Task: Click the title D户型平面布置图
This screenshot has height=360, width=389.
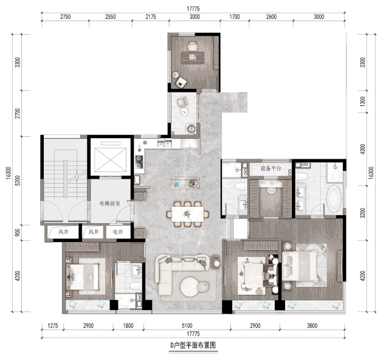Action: [193, 345]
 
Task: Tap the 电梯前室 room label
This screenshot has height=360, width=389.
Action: [109, 204]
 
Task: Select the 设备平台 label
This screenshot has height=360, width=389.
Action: [271, 168]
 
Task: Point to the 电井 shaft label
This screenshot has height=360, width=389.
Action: [118, 232]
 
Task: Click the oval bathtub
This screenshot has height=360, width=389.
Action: [333, 199]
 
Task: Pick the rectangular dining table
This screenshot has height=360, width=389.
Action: [188, 214]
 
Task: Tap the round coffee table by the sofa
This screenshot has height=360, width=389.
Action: [190, 287]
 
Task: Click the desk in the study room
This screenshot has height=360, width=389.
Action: [193, 58]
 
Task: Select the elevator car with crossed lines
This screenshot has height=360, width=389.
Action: [111, 160]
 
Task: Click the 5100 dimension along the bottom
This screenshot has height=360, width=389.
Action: [187, 325]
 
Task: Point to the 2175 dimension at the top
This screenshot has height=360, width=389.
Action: [151, 16]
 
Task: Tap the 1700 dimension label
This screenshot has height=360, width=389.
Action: [235, 16]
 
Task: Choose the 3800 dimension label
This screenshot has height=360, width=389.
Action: [312, 325]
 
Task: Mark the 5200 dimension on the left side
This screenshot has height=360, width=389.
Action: [18, 181]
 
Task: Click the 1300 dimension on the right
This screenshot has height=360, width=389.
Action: [363, 102]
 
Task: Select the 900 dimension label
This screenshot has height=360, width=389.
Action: [18, 233]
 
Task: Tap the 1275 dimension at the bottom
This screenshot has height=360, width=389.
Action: [53, 325]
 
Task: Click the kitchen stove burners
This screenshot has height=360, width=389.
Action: [139, 162]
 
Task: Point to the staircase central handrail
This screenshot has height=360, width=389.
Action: [65, 179]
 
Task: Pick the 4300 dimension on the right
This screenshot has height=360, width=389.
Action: [363, 149]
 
